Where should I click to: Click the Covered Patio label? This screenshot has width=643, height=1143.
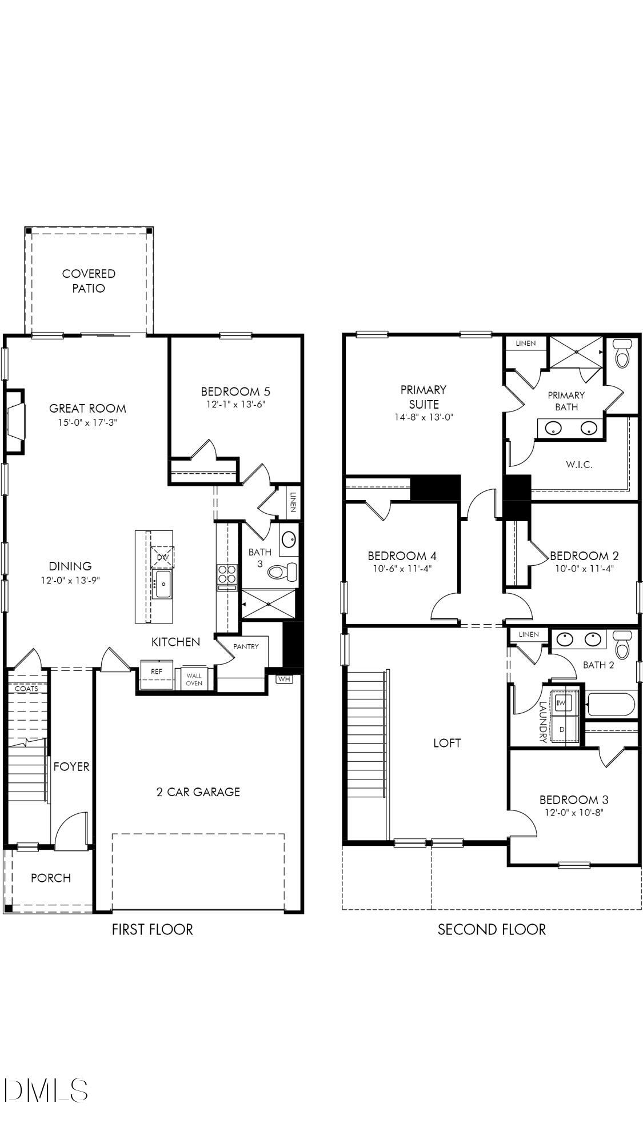coord(89,281)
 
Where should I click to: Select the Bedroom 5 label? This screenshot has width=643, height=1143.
coord(235,391)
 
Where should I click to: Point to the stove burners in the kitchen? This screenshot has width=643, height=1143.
coord(227,574)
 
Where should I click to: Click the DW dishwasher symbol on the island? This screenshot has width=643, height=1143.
coord(162,557)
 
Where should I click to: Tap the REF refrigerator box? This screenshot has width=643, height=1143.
coord(157,672)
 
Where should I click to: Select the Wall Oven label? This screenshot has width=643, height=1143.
coord(194,680)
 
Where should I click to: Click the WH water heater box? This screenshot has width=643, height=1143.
coord(284,679)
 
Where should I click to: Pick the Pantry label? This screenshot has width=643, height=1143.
coord(246,646)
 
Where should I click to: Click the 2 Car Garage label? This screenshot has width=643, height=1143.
coord(198,792)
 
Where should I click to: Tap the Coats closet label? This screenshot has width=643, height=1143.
coord(26,689)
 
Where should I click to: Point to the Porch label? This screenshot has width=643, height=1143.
coord(50,878)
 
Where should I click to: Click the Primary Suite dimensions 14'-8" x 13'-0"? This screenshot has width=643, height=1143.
coord(423,417)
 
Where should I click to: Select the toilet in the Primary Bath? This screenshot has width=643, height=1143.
coord(621,354)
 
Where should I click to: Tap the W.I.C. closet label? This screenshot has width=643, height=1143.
coord(578,465)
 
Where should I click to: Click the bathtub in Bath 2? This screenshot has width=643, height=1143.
coord(610,704)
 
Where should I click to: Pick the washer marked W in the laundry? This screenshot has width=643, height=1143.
coord(562,702)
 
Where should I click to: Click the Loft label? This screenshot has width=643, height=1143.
coord(446,743)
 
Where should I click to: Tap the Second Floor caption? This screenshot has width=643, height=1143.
coord(492,929)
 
